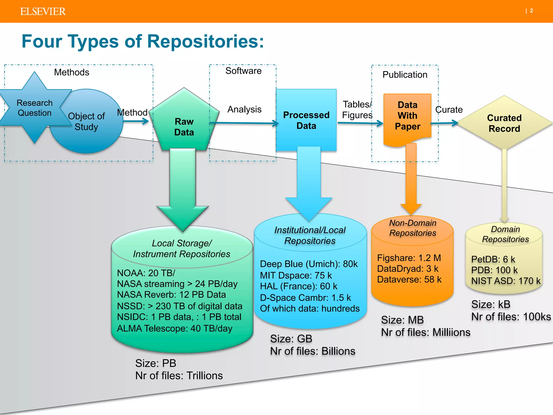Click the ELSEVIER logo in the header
[43, 11]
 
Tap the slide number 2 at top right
[531, 11]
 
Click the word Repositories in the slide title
[205, 41]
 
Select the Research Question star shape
[34, 108]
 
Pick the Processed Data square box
[306, 120]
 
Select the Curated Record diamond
[504, 123]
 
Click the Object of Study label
[86, 121]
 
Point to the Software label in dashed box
[243, 71]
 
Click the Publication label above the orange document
[405, 75]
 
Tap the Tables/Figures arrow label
[357, 109]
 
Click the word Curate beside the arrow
[449, 109]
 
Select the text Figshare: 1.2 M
[409, 258]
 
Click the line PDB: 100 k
[494, 270]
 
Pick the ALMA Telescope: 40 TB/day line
[174, 328]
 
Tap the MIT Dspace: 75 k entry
[296, 275]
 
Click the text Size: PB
[156, 363]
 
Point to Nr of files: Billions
[312, 351]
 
